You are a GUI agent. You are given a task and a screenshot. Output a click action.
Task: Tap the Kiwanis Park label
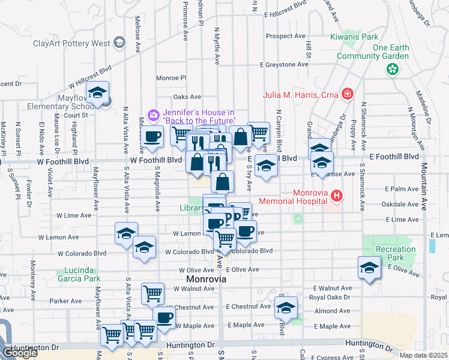353,37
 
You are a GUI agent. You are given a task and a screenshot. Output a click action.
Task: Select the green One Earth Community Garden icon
393,70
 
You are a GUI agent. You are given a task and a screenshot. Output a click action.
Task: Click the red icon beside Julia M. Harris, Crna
346,94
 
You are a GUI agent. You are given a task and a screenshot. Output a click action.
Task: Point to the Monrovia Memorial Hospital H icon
336,196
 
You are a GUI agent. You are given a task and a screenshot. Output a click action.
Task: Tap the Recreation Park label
395,253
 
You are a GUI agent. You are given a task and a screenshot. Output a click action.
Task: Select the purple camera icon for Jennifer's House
153,114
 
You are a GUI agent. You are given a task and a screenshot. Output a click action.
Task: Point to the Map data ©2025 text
423,355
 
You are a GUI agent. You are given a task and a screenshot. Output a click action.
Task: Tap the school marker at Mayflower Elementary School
96,93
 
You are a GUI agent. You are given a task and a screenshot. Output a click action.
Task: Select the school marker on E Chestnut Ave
286,308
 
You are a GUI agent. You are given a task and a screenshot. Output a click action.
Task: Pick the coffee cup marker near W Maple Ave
164,318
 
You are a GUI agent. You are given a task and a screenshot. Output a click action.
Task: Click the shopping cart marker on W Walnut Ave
152,294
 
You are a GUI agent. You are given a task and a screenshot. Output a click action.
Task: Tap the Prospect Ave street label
286,36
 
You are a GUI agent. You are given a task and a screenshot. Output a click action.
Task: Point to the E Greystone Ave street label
284,64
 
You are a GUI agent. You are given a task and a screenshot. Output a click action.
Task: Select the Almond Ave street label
332,311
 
